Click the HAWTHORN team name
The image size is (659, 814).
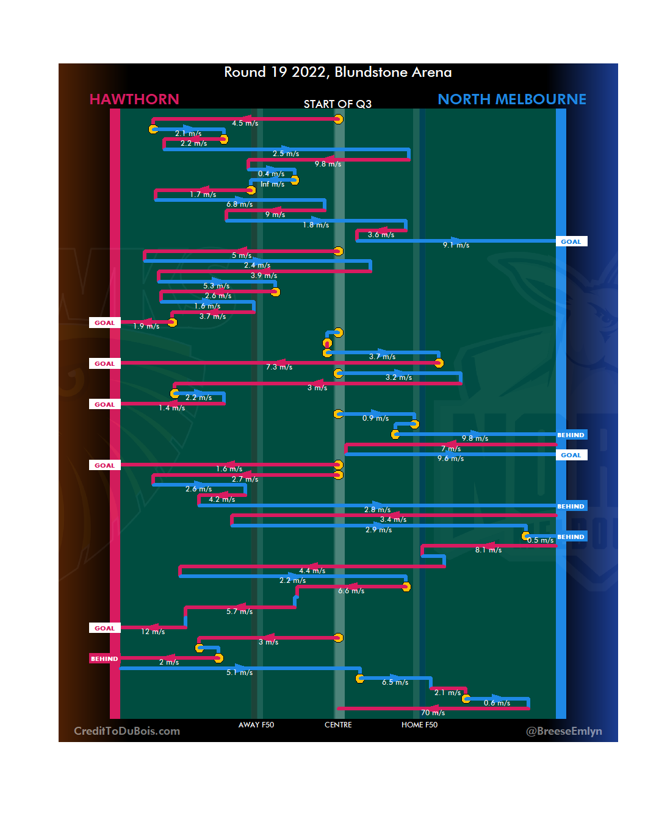[134, 99]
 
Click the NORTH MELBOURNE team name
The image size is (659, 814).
[511, 99]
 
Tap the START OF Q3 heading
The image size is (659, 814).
[337, 104]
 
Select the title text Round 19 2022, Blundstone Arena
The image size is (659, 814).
[337, 73]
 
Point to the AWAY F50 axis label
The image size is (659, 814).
[256, 725]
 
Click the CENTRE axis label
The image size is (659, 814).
[338, 725]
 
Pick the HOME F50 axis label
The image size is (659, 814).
[419, 725]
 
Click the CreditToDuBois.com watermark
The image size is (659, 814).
[127, 731]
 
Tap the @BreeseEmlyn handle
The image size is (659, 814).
[564, 731]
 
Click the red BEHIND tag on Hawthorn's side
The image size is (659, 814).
[104, 659]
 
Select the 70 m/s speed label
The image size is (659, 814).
[433, 713]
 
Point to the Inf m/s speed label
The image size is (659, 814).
[272, 184]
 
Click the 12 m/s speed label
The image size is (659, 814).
[153, 632]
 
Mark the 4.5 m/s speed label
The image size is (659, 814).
[245, 123]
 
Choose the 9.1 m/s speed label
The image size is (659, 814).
[456, 245]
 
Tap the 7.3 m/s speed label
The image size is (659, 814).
[279, 367]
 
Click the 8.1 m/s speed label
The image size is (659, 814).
[488, 550]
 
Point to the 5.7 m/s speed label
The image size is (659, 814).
[239, 612]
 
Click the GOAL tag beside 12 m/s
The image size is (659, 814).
[104, 628]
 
